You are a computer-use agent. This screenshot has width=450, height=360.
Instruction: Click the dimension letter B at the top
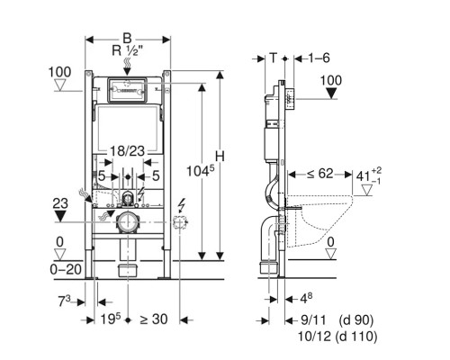click(x=127, y=39)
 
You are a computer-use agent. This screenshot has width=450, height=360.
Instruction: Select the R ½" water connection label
click(x=125, y=50)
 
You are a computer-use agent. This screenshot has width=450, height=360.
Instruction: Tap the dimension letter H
click(x=220, y=157)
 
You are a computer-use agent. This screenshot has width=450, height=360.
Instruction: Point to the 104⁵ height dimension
click(x=201, y=171)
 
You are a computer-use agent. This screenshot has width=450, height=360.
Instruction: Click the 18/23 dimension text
click(x=127, y=151)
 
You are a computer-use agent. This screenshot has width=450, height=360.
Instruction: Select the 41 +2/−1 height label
click(x=369, y=175)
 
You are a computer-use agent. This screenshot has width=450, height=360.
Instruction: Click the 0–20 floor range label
click(x=66, y=269)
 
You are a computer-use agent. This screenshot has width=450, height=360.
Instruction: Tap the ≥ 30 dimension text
click(x=154, y=319)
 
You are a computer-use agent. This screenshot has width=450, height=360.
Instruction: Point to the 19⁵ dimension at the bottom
click(x=110, y=319)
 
